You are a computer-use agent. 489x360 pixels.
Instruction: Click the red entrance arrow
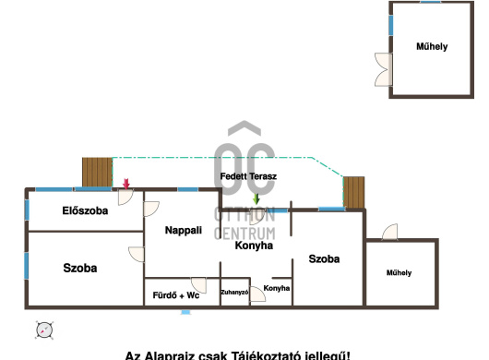pyautogui.click(x=126, y=184)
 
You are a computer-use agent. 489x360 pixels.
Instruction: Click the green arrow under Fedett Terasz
pyautogui.click(x=256, y=198)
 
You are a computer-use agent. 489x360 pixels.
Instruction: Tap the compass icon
pyautogui.click(x=44, y=330)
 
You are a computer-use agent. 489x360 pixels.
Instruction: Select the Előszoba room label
pyautogui.click(x=85, y=210)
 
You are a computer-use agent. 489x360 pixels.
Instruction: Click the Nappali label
pyautogui.click(x=184, y=230)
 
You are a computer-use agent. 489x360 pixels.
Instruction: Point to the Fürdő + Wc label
pyautogui.click(x=176, y=295)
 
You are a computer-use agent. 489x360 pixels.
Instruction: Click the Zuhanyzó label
pyautogui.click(x=234, y=293)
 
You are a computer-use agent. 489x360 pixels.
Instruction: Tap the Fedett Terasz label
pyautogui.click(x=248, y=176)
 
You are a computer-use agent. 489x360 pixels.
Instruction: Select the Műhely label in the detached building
pyautogui.click(x=432, y=46)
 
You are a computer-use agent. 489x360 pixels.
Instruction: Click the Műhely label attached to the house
pyautogui.click(x=399, y=272)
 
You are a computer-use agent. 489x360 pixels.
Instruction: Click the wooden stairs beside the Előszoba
pyautogui.click(x=97, y=173)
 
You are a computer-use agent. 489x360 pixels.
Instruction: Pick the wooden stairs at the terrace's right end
pyautogui.click(x=354, y=193)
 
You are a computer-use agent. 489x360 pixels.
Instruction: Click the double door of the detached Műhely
pyautogui.click(x=383, y=69)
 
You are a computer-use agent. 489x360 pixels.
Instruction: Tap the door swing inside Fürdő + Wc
pyautogui.click(x=199, y=285)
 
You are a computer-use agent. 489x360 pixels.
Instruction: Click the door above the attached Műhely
pyautogui.click(x=390, y=232)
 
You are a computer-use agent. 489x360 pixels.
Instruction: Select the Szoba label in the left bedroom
pyautogui.click(x=80, y=268)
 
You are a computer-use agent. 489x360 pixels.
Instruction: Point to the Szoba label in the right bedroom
pyautogui.click(x=324, y=258)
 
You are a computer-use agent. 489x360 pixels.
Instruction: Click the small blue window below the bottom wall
pyautogui.click(x=185, y=312)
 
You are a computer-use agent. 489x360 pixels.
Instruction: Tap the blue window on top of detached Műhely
pyautogui.click(x=430, y=2)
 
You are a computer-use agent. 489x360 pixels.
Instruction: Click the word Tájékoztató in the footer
pyautogui.click(x=267, y=355)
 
